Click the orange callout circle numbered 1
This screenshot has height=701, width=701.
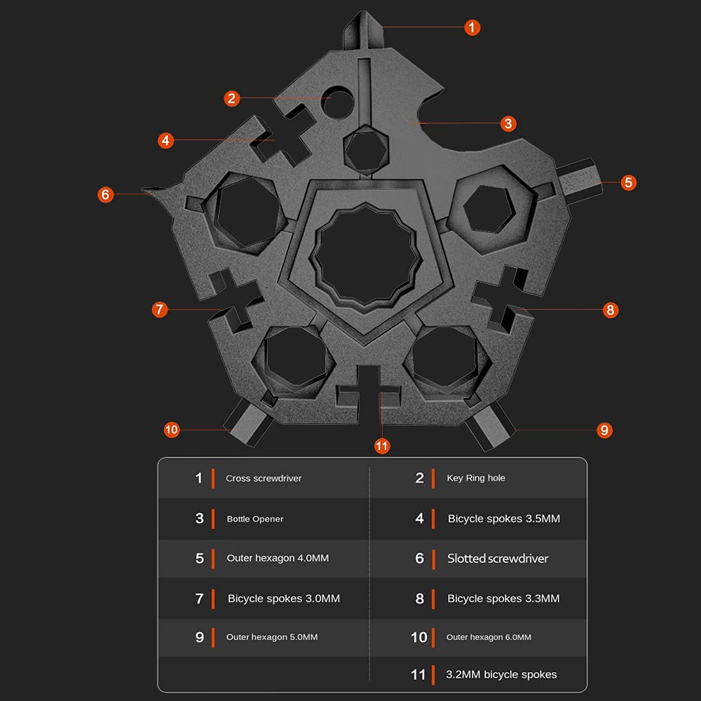(472, 27)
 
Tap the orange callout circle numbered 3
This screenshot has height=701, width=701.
(508, 123)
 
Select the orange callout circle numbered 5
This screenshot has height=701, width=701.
(628, 182)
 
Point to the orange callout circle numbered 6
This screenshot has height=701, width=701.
(106, 194)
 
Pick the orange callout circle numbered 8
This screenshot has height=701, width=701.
(611, 310)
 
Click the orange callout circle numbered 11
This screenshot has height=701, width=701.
(381, 446)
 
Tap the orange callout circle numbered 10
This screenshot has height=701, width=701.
(171, 430)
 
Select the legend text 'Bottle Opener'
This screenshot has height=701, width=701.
(255, 519)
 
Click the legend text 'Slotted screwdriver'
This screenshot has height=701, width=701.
(498, 559)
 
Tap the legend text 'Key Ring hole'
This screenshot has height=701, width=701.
(476, 478)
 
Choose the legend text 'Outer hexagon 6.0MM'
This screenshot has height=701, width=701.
(489, 637)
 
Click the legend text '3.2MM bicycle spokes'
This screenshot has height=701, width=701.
(501, 674)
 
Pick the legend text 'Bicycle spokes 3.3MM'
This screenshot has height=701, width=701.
(503, 599)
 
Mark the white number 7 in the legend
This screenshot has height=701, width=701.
(199, 599)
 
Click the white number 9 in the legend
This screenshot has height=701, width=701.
(199, 637)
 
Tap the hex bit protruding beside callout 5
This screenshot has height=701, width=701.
(580, 181)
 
